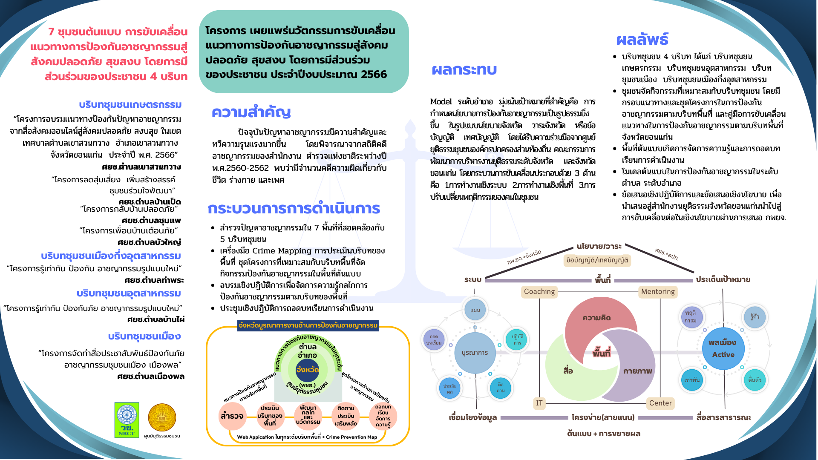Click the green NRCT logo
127,420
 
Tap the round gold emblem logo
162,417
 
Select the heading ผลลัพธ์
642,40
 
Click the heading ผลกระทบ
464,70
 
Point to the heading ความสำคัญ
251,112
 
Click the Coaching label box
539,292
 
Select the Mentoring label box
658,292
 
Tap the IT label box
539,403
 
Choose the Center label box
660,403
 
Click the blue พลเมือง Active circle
723,348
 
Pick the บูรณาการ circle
475,353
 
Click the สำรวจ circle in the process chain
232,416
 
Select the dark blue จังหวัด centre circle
308,370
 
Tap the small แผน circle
475,310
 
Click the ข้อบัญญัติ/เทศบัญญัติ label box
597,260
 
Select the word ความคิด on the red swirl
596,318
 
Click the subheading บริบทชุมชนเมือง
144,336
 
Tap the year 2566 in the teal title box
374,75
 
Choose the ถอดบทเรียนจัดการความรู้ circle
383,416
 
